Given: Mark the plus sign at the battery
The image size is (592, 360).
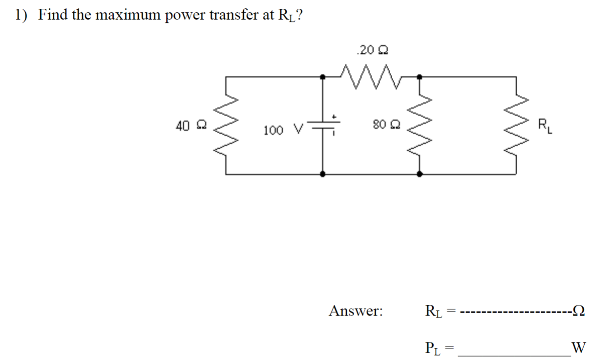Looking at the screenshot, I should [334, 117].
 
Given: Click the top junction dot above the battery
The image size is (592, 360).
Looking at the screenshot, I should [322, 76].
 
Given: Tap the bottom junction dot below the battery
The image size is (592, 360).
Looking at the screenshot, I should [322, 173].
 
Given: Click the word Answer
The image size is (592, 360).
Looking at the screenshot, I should [356, 311].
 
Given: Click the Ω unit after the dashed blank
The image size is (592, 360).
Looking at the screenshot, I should [579, 311].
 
